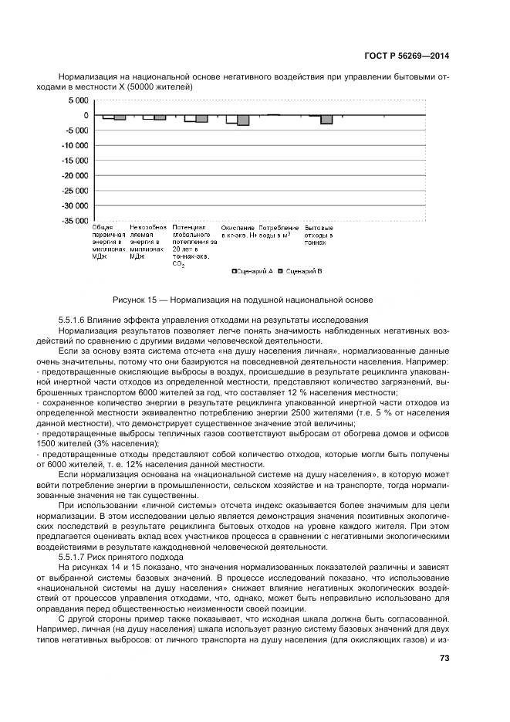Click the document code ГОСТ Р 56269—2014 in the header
407,56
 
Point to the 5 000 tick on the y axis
76,100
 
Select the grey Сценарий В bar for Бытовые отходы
326,120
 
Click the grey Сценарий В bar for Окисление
243,120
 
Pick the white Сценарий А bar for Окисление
231,119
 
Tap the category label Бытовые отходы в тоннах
319,235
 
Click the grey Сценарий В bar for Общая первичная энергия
120,117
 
